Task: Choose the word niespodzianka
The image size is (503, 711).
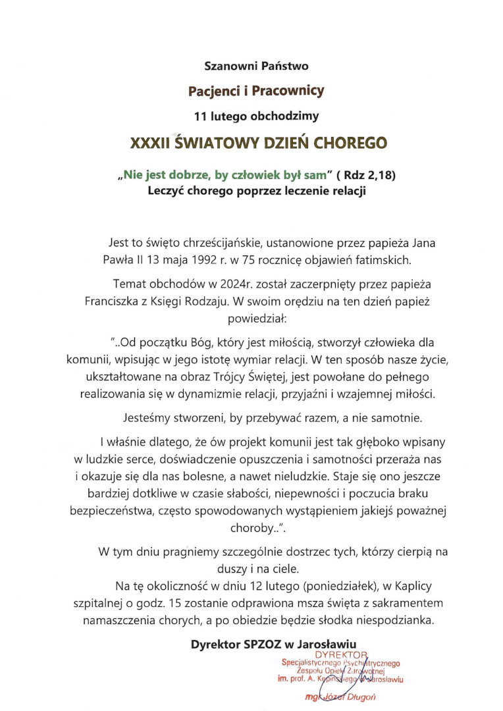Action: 393,619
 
